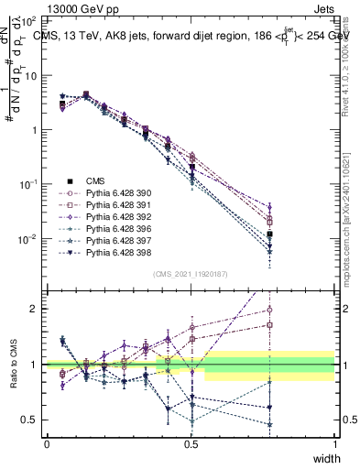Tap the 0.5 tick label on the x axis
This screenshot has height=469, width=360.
point(191,444)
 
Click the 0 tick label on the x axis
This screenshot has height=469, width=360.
point(47,444)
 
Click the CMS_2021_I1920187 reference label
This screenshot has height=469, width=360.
point(191,274)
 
